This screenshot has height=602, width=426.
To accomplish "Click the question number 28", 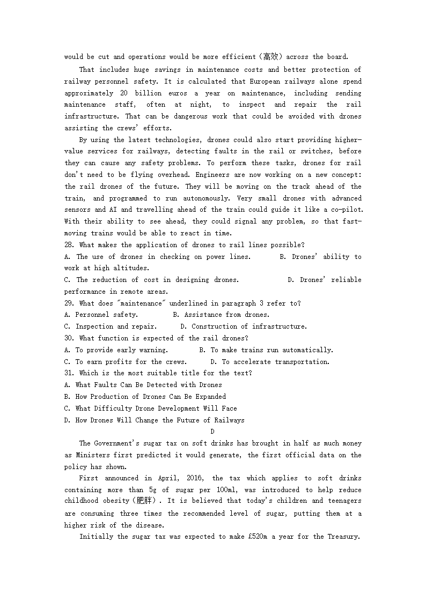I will pyautogui.click(x=69, y=245).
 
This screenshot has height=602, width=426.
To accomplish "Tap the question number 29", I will pyautogui.click(x=69, y=303).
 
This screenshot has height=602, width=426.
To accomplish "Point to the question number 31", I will pyautogui.click(x=69, y=373).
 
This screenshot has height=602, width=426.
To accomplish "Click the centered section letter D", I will pyautogui.click(x=212, y=432).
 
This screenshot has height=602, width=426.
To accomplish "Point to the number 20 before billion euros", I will pyautogui.click(x=133, y=93).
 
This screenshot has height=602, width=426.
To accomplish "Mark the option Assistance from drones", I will pyautogui.click(x=221, y=315).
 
